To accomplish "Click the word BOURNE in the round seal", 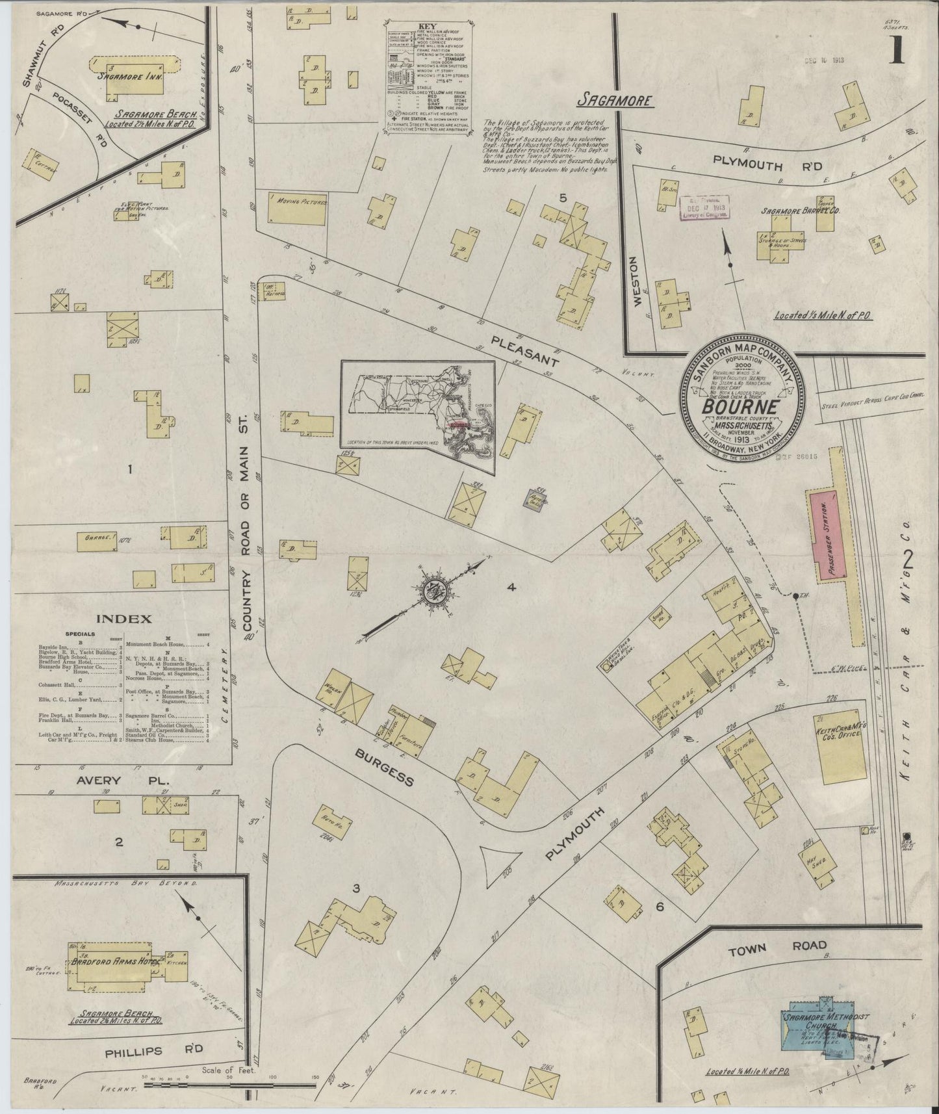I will pyautogui.click(x=738, y=408).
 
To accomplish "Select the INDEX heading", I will pyautogui.click(x=123, y=619).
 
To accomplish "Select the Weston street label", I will pyautogui.click(x=637, y=280).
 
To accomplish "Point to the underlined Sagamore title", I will pyautogui.click(x=615, y=101).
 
